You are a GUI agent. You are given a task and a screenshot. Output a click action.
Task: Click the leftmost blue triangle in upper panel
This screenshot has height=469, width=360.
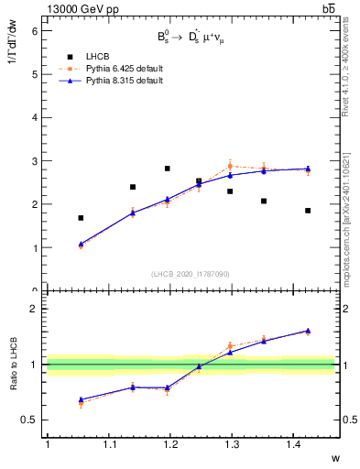click(81, 244)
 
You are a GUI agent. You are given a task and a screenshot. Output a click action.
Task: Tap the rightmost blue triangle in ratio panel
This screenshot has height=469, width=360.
click(308, 331)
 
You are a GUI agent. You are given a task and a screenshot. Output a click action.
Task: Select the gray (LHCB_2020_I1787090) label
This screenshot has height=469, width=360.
click(190, 274)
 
